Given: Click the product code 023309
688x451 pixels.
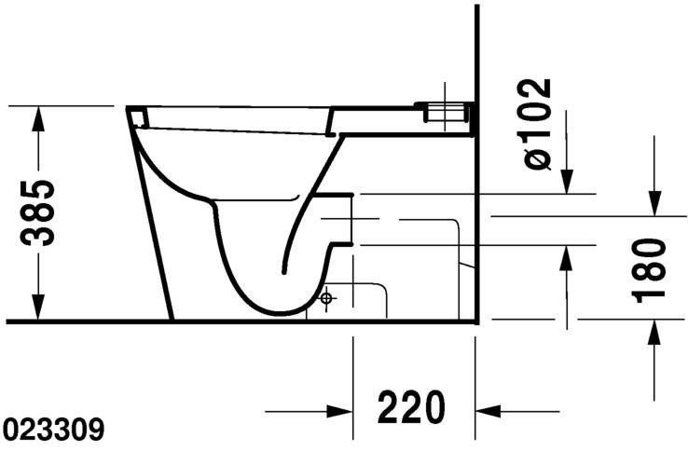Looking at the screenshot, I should (x=53, y=430).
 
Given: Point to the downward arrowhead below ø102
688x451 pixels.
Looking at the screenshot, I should (x=567, y=181).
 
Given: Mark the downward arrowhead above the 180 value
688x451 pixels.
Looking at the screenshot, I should (x=655, y=201).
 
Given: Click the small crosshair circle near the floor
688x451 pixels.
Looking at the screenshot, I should (x=326, y=299).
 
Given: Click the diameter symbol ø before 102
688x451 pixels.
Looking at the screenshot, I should (x=539, y=159).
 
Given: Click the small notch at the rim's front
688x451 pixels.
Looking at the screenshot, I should (x=137, y=116).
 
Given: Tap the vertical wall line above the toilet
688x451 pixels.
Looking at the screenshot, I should (x=476, y=56).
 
